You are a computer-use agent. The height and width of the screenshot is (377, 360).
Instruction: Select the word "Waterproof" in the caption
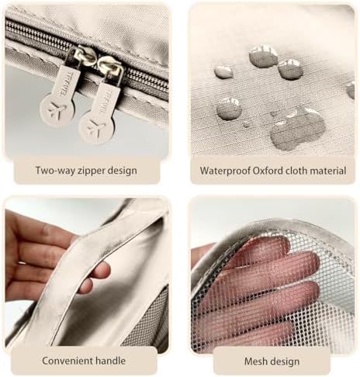[x=225, y=171]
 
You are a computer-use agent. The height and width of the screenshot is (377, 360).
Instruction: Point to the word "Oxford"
[x=268, y=171]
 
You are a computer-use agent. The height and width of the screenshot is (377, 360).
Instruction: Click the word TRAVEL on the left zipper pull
[x=65, y=84]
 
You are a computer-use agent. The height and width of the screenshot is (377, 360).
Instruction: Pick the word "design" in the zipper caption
[x=123, y=171]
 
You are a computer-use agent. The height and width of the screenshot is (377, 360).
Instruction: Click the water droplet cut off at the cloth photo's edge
[x=351, y=89]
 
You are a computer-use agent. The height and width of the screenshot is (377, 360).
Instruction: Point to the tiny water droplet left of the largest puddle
[x=246, y=124]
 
